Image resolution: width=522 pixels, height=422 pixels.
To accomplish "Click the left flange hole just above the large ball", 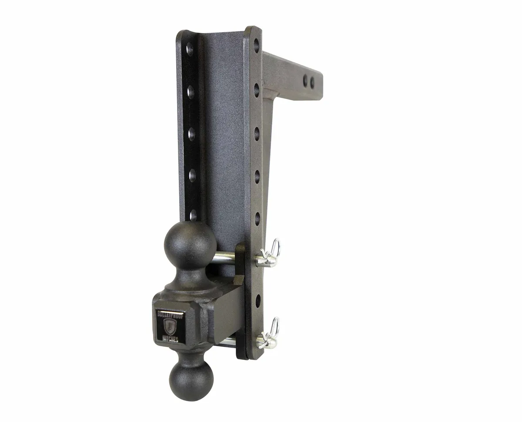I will (x=193, y=215).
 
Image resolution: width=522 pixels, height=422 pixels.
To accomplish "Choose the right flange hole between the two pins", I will (x=258, y=299).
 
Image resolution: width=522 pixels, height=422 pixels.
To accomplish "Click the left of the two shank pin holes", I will (x=305, y=80).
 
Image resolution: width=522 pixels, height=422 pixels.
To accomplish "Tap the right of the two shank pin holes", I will (x=312, y=82).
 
